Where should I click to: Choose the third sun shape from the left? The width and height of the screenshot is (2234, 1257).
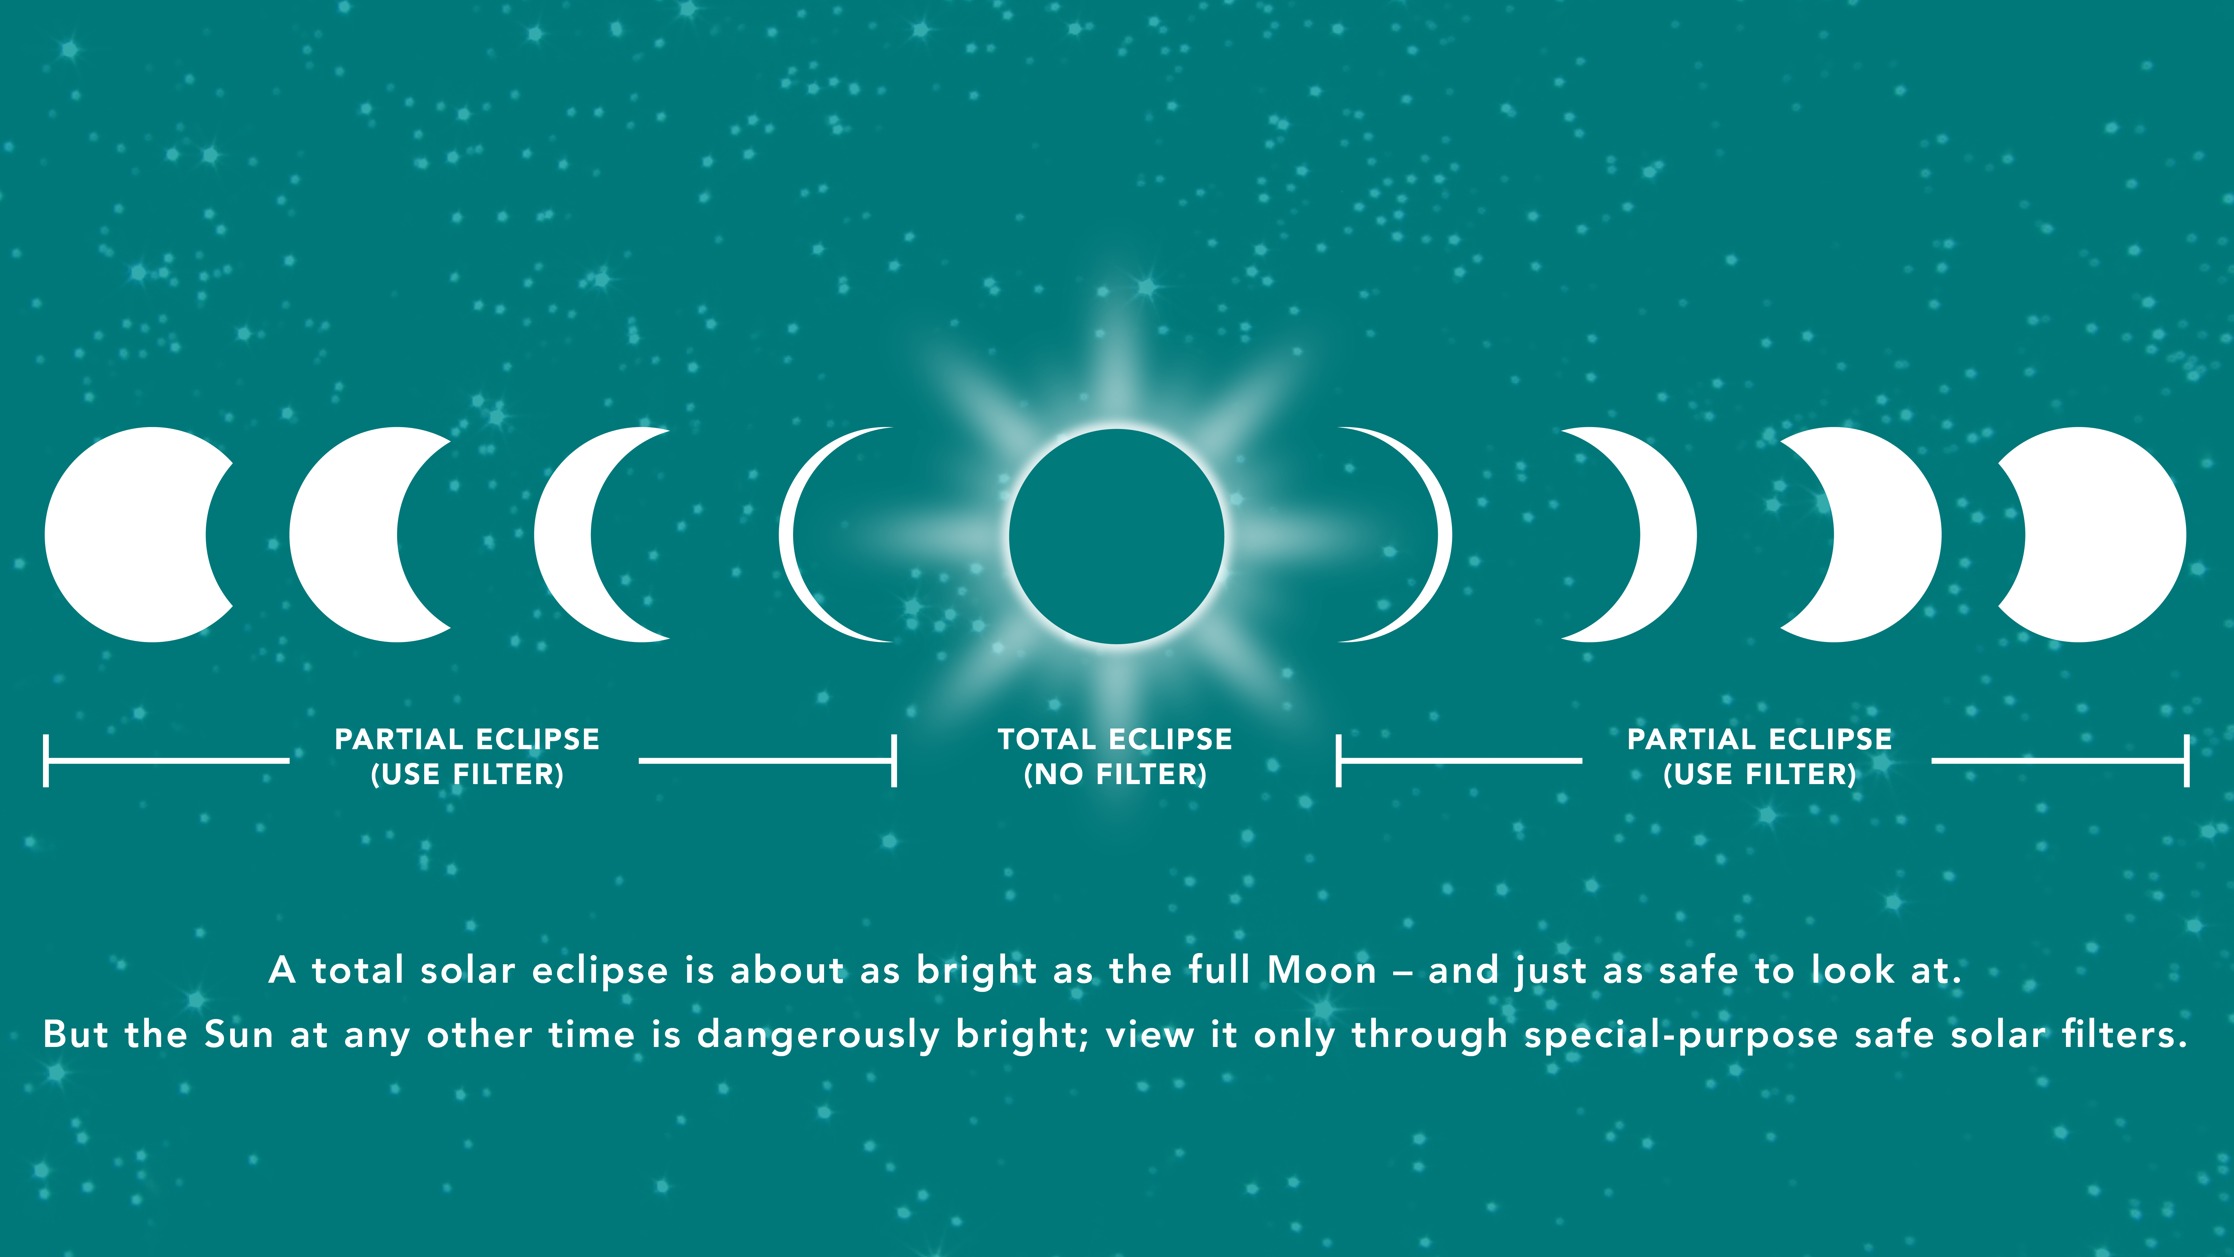564,534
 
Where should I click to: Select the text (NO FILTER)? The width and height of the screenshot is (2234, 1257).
1115,774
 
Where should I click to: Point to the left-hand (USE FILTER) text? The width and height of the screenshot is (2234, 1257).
467,774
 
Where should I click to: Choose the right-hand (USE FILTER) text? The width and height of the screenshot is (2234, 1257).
1760,774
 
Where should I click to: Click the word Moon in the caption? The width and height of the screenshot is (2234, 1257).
1322,970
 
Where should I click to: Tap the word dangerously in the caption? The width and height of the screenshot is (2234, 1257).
818,1035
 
